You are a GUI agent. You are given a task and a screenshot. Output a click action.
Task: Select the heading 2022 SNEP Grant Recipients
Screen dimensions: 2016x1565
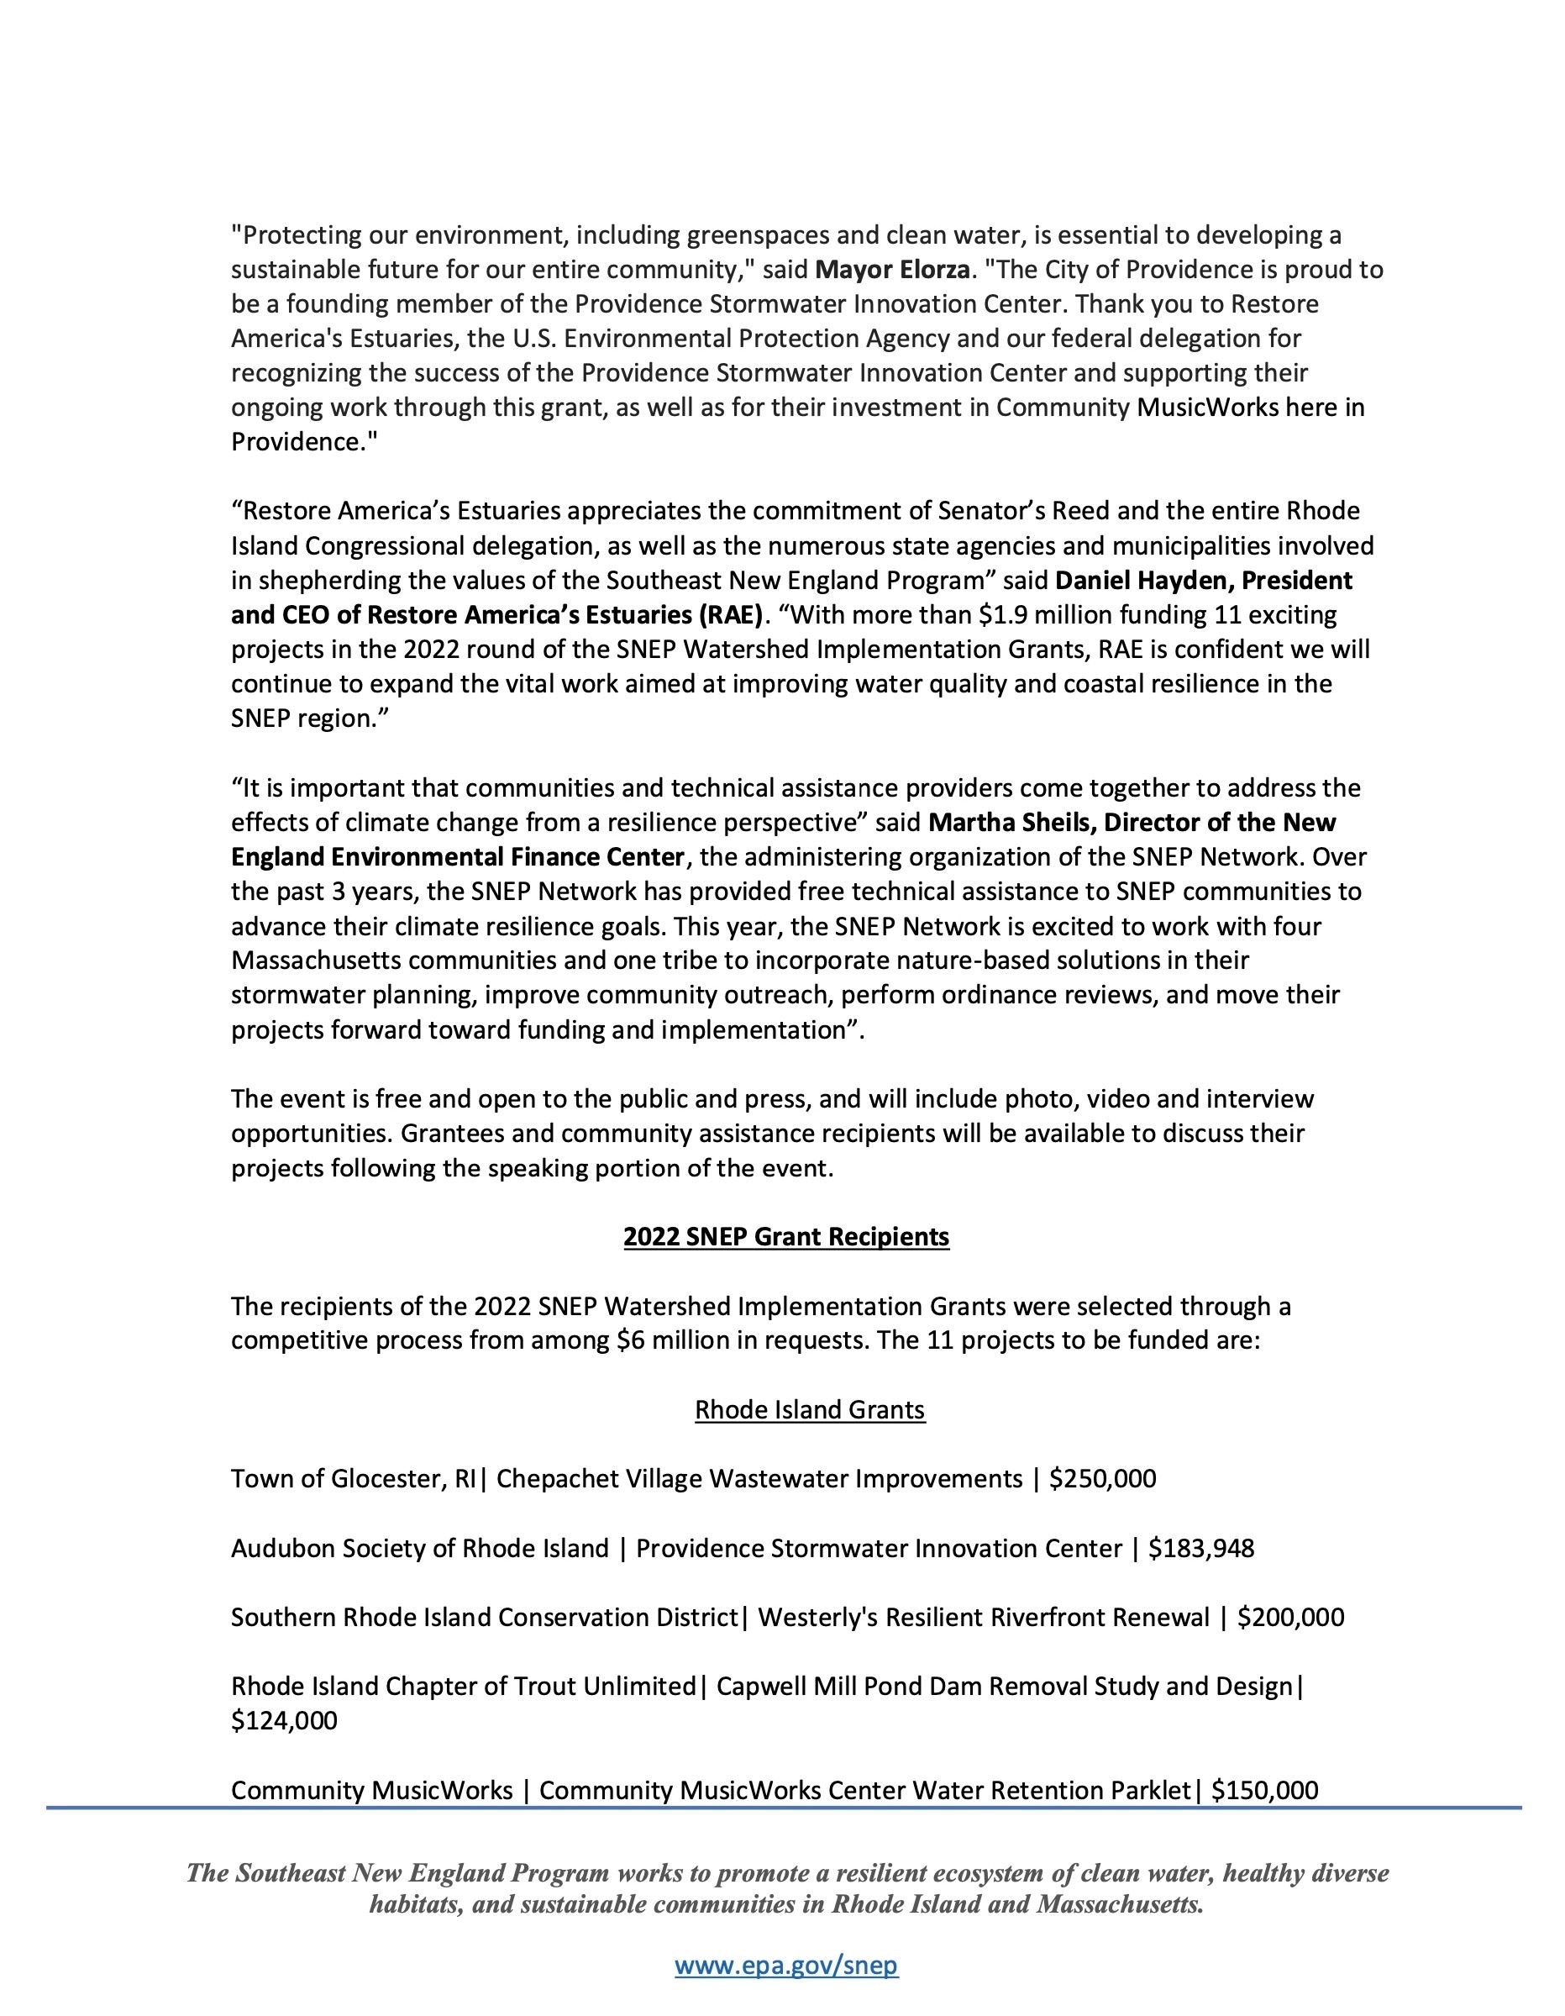click(x=785, y=1237)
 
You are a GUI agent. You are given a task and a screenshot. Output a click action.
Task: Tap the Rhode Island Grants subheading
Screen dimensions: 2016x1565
click(x=809, y=1409)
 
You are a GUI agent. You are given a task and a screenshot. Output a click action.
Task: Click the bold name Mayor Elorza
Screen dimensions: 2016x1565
click(x=892, y=270)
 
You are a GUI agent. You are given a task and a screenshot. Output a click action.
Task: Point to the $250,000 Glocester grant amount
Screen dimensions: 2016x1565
click(x=1103, y=1479)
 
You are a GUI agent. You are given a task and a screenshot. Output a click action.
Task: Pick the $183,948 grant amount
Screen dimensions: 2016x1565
click(x=1200, y=1548)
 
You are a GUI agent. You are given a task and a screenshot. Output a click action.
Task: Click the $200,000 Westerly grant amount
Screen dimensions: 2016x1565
click(x=1290, y=1617)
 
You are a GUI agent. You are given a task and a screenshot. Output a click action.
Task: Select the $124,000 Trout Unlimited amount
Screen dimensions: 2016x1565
click(x=284, y=1720)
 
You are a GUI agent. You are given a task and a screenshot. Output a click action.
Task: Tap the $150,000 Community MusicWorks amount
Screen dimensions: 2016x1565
click(x=1264, y=1790)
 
